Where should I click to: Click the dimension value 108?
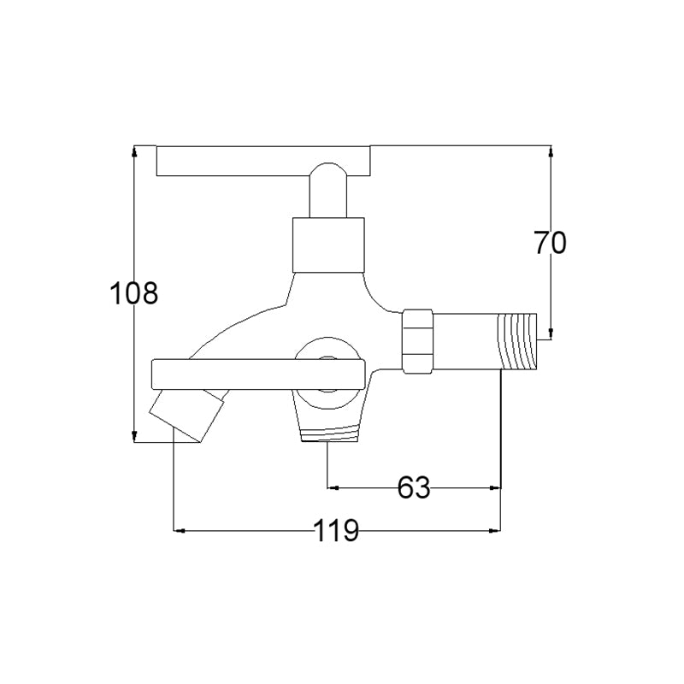point(133,292)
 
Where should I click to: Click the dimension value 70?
point(550,243)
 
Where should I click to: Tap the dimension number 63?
point(414,487)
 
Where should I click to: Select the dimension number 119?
point(336,530)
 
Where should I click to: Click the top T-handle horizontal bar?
point(263,161)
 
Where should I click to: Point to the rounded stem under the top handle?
point(328,190)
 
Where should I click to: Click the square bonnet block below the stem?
point(328,245)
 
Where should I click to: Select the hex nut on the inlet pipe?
point(417,341)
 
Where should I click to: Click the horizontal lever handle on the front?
point(258,374)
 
